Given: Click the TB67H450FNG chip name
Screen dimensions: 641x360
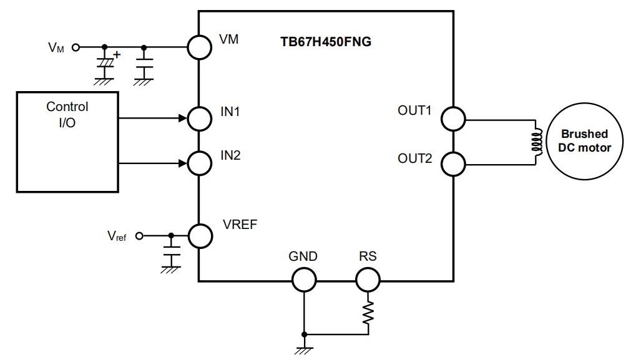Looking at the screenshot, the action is tap(326, 42).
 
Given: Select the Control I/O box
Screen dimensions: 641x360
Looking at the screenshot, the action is tap(17, 142).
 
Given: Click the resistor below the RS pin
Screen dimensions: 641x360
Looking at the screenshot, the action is tap(368, 313).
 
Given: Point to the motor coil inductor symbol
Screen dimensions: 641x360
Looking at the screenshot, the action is tap(537, 142).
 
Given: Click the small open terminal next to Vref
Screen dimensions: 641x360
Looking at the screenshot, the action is tap(139, 236).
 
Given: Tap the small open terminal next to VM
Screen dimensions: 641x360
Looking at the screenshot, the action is tap(76, 47).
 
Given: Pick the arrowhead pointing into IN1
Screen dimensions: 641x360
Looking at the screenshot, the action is tap(183, 119).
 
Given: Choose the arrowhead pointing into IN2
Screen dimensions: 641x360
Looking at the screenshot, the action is tap(183, 163).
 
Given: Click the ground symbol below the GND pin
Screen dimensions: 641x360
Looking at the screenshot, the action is tap(304, 351).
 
